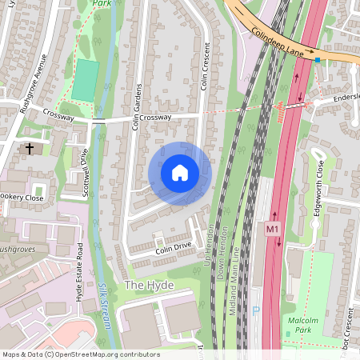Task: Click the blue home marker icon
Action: coord(180,173)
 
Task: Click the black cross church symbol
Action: coord(30,149)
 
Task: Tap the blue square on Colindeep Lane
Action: coord(318,59)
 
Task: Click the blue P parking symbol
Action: coord(256,312)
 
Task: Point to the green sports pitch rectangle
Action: coord(82,80)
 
